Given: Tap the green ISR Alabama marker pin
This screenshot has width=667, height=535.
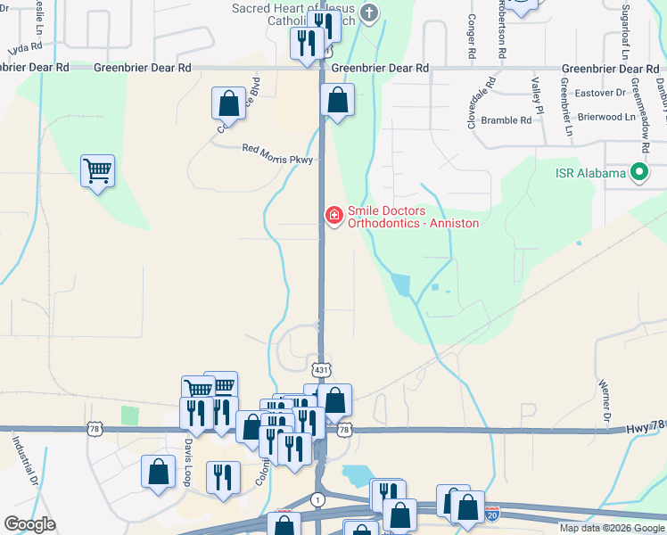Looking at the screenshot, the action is (638, 172).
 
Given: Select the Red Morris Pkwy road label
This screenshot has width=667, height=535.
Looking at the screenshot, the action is (278, 149).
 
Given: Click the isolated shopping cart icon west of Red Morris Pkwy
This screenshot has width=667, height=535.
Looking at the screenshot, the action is (97, 169).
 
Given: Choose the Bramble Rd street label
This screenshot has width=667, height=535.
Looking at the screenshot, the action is (506, 119).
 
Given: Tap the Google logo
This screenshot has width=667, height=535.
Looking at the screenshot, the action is (29, 524).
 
